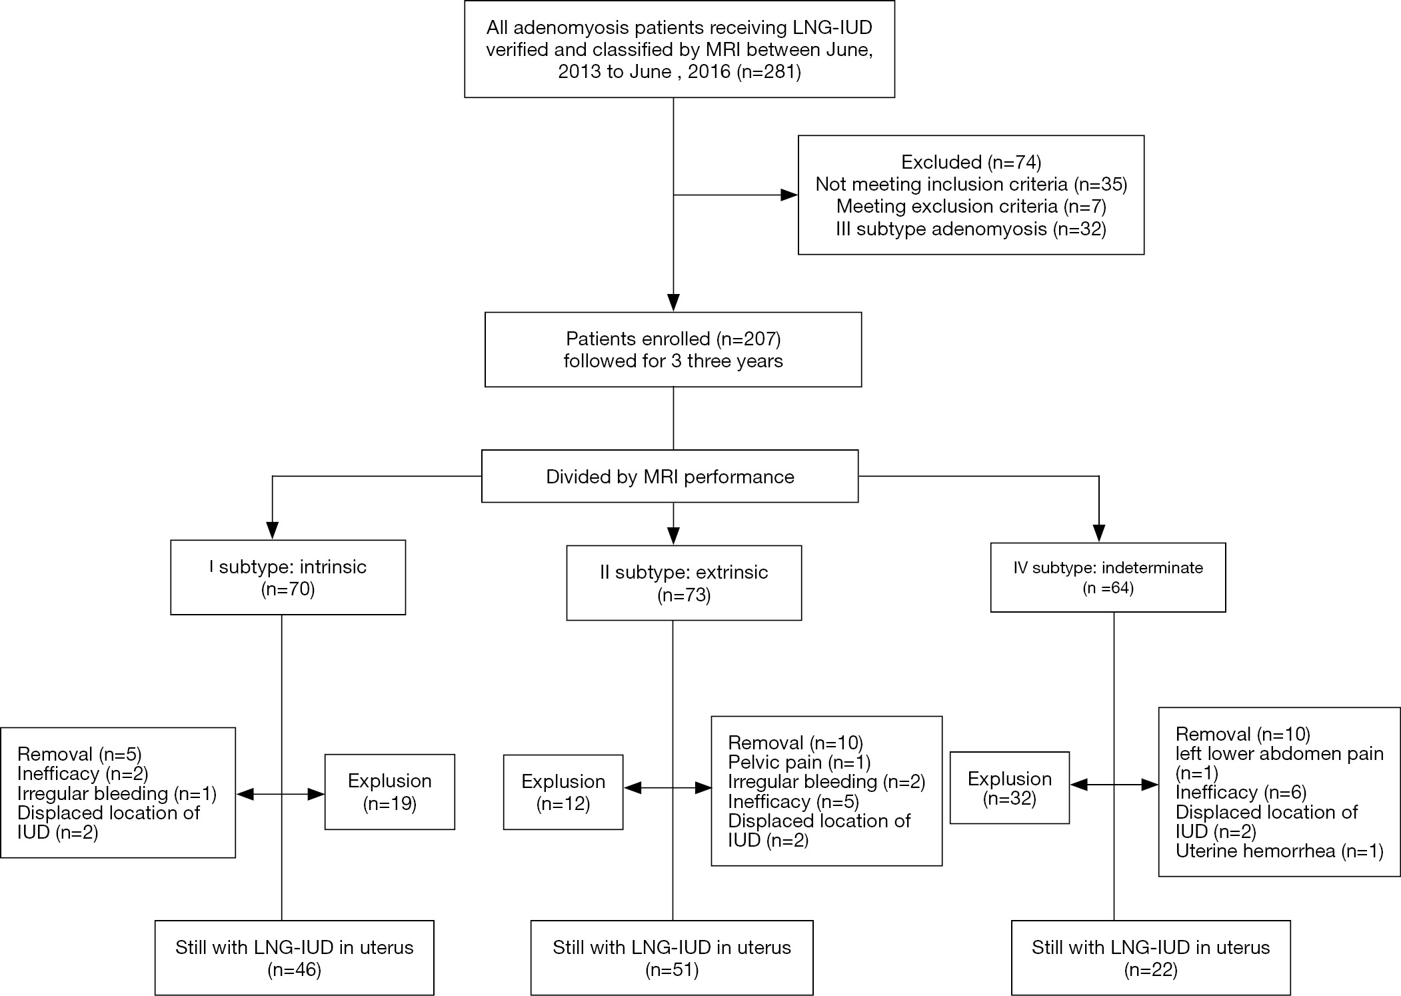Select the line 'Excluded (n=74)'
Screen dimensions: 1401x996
point(971,161)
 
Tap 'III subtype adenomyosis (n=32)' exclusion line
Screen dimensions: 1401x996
point(971,229)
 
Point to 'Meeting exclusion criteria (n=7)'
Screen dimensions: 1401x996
point(971,206)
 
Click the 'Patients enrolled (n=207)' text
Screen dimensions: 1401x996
point(673,339)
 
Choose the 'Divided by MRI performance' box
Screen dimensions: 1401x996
point(670,476)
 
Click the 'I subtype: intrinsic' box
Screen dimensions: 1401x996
point(288,577)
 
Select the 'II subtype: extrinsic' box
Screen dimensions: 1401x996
point(684,583)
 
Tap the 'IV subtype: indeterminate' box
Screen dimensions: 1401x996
point(1108,577)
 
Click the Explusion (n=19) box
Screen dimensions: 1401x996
point(390,792)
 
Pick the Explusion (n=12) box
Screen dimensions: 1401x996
point(563,792)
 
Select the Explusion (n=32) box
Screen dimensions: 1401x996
point(1010,788)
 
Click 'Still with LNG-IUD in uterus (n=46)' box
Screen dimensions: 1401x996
point(295,958)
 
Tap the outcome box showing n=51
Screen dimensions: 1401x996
point(672,958)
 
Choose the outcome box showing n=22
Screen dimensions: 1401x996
point(1151,958)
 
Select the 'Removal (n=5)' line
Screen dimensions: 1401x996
point(79,754)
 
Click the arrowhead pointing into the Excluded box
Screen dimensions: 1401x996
point(789,195)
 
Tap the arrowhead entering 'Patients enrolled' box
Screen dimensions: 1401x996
point(673,303)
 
